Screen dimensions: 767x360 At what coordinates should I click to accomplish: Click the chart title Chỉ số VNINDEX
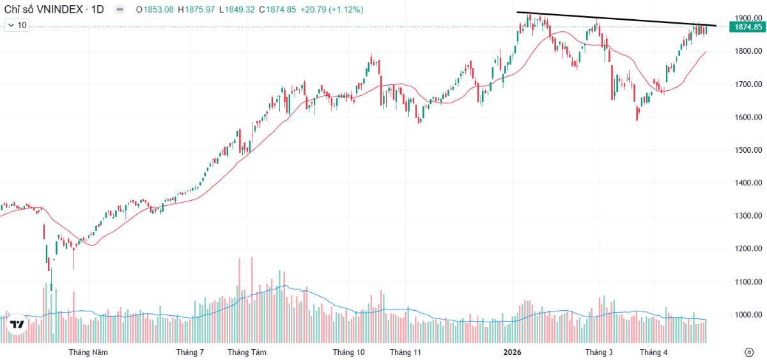click(x=43, y=10)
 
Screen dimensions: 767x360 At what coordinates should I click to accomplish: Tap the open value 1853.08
click(x=159, y=10)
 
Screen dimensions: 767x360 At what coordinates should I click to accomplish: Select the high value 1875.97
click(x=199, y=10)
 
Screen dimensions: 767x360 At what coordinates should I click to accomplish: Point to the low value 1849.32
click(x=240, y=10)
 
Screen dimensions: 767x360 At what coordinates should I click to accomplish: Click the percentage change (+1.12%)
click(x=346, y=10)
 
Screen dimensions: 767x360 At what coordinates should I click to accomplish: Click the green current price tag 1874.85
click(x=748, y=27)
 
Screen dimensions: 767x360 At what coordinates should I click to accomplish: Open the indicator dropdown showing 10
click(x=17, y=26)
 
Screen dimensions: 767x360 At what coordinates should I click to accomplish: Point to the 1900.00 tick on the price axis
click(x=748, y=18)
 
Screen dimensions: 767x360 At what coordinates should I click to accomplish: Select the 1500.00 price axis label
click(x=748, y=150)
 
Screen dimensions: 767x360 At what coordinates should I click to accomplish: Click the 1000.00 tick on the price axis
click(x=748, y=315)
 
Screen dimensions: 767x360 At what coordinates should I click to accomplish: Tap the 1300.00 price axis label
click(x=748, y=215)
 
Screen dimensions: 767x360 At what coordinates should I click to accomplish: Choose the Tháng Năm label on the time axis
click(x=88, y=352)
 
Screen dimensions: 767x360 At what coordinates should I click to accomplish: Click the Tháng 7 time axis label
click(x=190, y=352)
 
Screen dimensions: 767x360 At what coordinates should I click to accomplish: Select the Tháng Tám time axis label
click(x=247, y=352)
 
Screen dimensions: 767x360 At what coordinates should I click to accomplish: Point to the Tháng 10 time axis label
click(x=348, y=352)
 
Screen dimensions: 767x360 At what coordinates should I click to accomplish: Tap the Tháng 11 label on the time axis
click(x=405, y=352)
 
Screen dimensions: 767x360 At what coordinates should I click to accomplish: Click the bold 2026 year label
click(x=512, y=352)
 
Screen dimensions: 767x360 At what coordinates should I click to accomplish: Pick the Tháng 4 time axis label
click(x=654, y=352)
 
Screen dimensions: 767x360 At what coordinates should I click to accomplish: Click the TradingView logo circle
click(x=17, y=324)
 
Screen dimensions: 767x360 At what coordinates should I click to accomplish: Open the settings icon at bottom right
click(x=749, y=352)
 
